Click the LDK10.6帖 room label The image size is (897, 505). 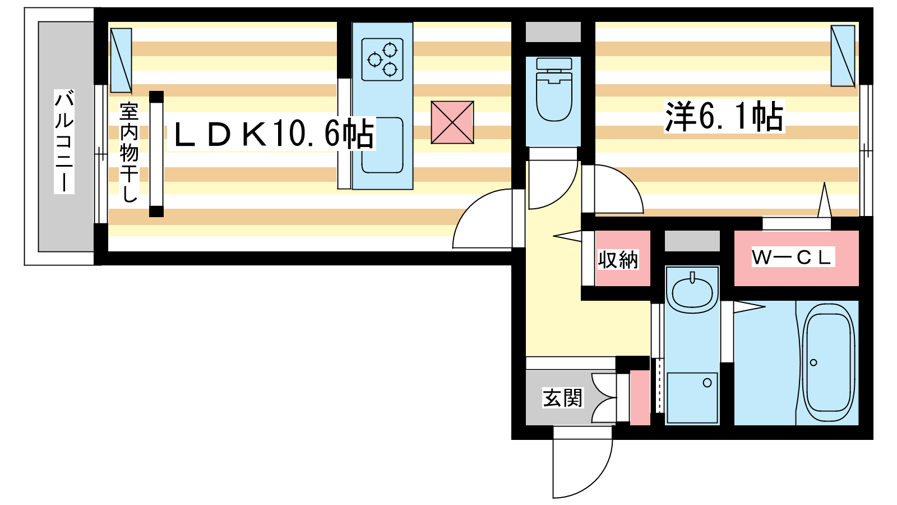(272, 134)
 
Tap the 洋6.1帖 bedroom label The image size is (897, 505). (724, 117)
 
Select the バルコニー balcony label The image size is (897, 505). (64, 140)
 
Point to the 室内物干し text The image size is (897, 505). (129, 151)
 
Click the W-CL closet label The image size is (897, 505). (792, 257)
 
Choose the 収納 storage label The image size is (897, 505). (617, 260)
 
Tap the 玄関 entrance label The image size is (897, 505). (562, 398)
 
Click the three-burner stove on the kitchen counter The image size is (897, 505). (382, 59)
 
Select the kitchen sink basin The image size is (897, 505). (382, 145)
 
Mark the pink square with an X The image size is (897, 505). (452, 122)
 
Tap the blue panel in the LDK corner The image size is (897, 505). (121, 61)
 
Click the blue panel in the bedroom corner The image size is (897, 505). (842, 56)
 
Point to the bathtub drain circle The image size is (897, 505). (813, 362)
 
